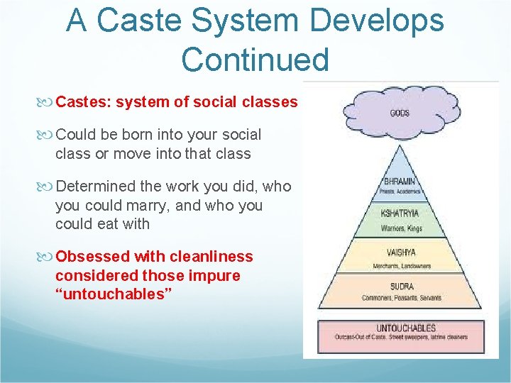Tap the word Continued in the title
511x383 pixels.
pyautogui.click(x=255, y=60)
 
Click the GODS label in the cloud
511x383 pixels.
pyautogui.click(x=400, y=113)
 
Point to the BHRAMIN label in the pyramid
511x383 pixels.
pyautogui.click(x=401, y=182)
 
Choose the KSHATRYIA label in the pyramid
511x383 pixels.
pyautogui.click(x=400, y=213)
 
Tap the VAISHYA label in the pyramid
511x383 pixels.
pyautogui.click(x=400, y=252)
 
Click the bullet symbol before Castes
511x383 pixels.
pyautogui.click(x=48, y=102)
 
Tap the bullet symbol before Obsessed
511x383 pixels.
pyautogui.click(x=48, y=257)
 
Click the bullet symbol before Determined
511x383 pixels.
pyautogui.click(x=48, y=187)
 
